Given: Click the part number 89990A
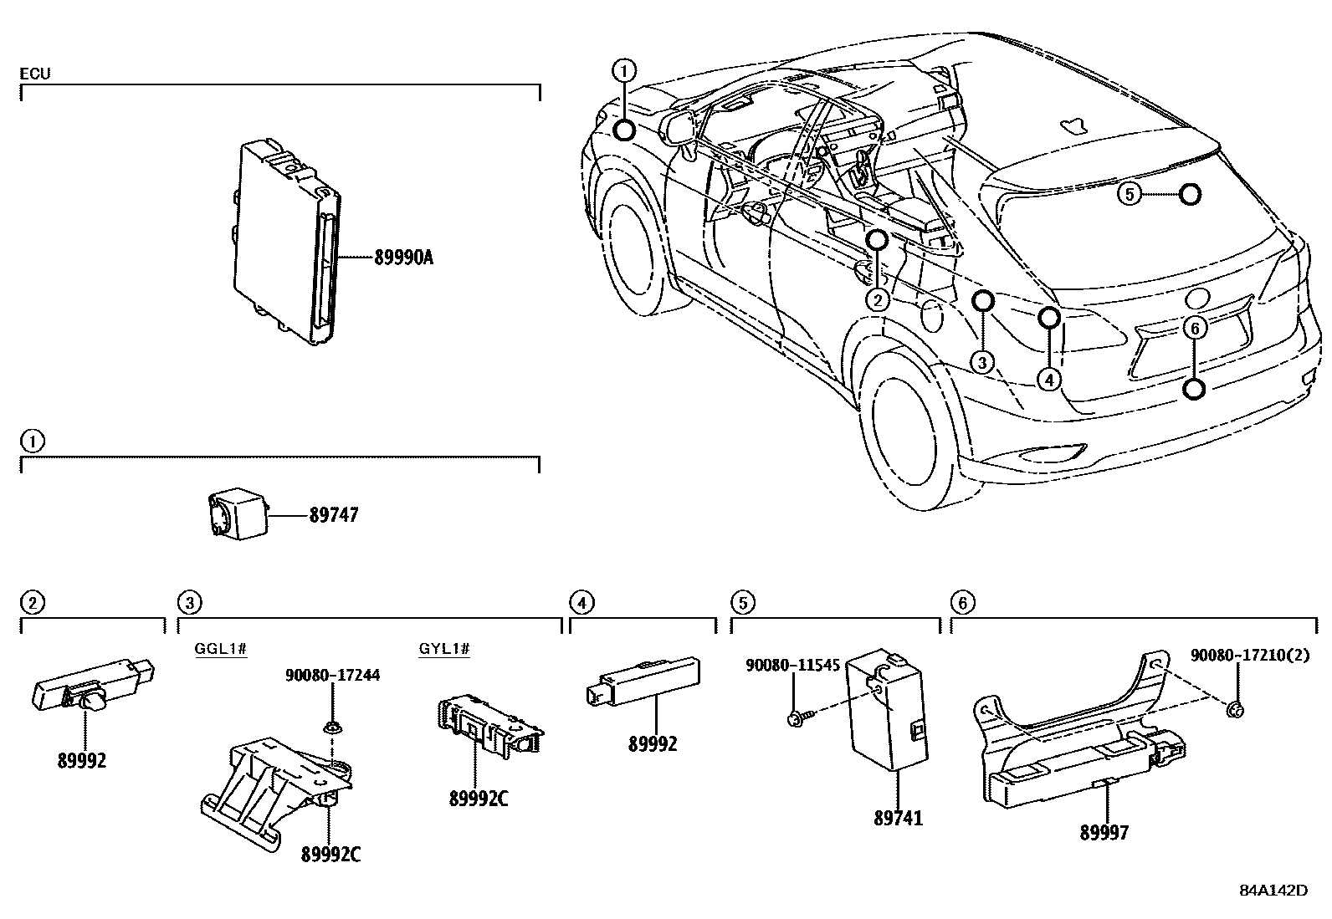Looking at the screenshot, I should (x=402, y=258).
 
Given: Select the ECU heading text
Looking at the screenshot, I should (x=35, y=74).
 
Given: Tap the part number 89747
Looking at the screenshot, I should (x=333, y=515).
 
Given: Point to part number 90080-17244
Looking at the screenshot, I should (x=333, y=674).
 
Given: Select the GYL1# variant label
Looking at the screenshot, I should (x=444, y=649).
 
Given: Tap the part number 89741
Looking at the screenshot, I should (x=898, y=818).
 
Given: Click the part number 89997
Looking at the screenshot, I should (x=1104, y=832).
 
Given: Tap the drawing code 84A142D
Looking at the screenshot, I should (x=1273, y=890).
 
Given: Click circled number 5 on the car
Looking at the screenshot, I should (x=1130, y=195).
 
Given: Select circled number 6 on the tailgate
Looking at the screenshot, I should (x=1195, y=329).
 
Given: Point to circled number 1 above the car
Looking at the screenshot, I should (x=624, y=70).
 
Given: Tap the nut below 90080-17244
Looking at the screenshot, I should (x=333, y=728).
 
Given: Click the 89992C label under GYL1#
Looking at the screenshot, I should (x=478, y=799).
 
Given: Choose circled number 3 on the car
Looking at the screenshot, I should (x=982, y=361).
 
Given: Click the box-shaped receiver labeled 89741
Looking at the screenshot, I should (x=887, y=711).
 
